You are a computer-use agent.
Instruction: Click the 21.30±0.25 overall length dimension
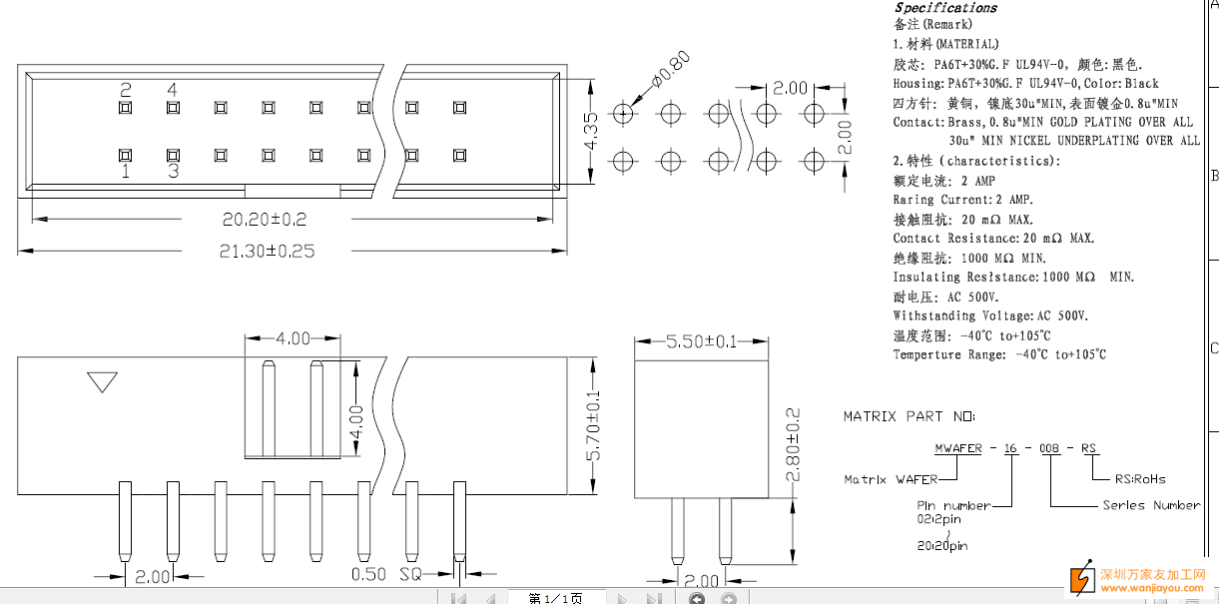(x=267, y=252)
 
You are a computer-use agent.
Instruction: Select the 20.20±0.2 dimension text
(x=265, y=219)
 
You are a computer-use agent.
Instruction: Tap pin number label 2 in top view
(x=126, y=91)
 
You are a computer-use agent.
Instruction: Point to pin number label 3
(x=173, y=171)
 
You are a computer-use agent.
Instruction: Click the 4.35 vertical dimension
(x=591, y=131)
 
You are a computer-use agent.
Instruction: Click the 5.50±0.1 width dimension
(x=702, y=341)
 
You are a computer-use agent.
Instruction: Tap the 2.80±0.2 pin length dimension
(x=794, y=444)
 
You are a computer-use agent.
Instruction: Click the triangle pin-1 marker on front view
(x=102, y=382)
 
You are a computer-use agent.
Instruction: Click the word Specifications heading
(x=945, y=8)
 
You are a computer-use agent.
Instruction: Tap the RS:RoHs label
(x=1139, y=478)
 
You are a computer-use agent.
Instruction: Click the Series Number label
(x=1151, y=505)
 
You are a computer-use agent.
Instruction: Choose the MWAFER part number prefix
(x=957, y=448)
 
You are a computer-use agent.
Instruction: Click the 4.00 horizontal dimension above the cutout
(x=293, y=338)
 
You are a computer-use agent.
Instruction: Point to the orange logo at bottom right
(x=1081, y=579)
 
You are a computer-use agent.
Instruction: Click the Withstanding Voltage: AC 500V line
(x=990, y=315)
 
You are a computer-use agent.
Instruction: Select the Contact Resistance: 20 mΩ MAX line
(x=993, y=239)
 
